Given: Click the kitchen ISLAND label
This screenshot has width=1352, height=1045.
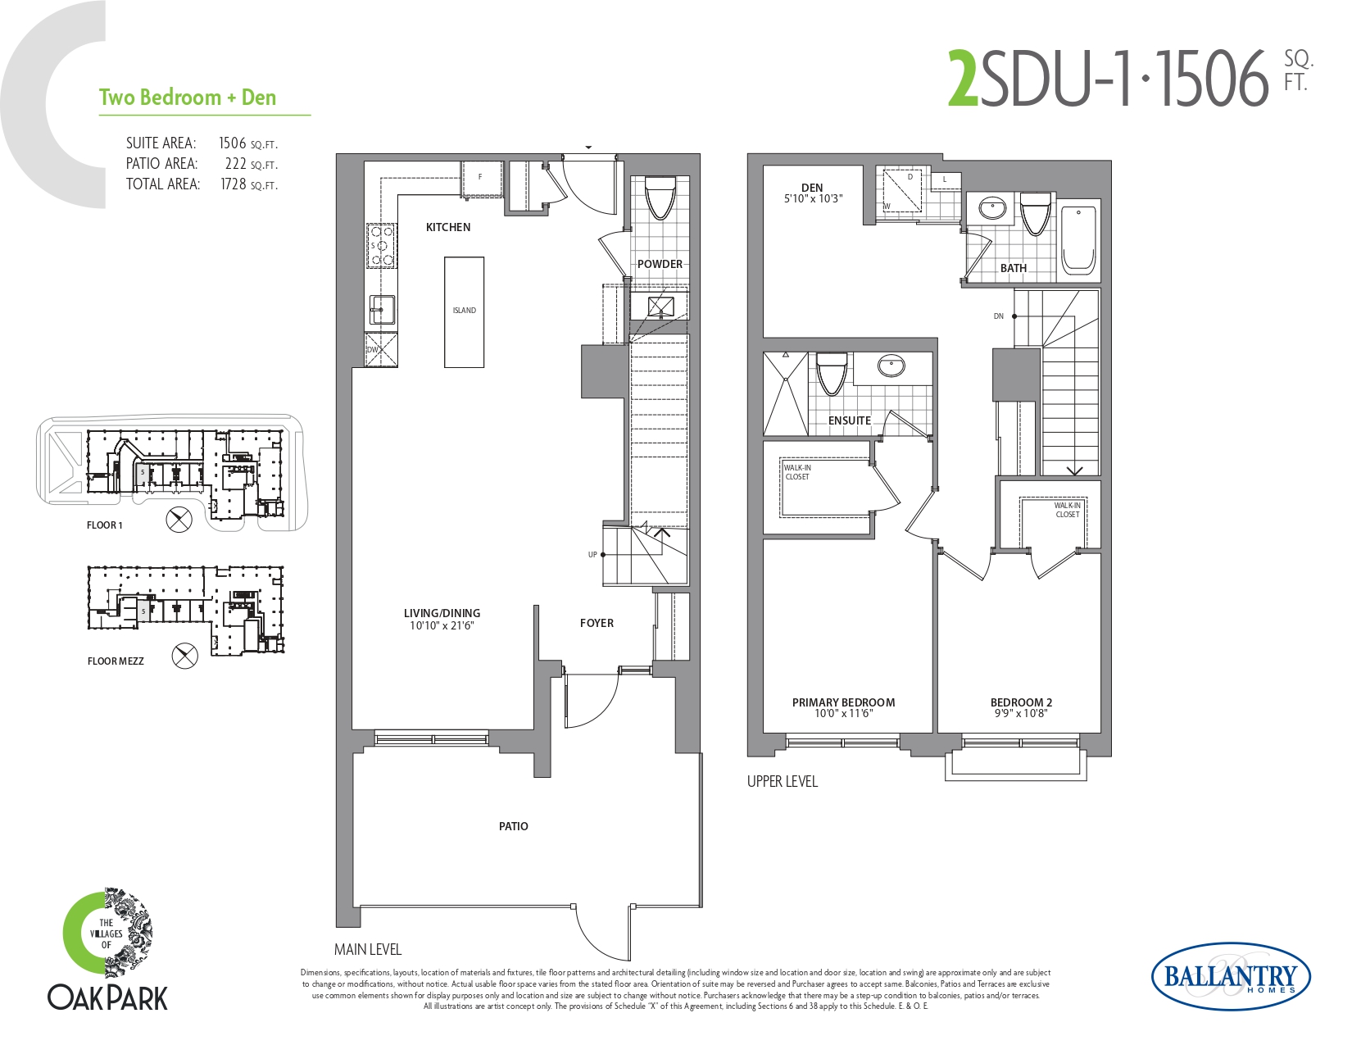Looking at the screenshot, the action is click(464, 310).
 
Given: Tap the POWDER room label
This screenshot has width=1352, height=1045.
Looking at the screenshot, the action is click(660, 264).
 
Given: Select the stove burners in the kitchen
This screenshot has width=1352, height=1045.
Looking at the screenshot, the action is click(381, 246).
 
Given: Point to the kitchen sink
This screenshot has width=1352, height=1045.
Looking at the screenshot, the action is click(383, 309).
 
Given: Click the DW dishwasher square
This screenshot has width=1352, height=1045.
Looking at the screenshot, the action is click(381, 349).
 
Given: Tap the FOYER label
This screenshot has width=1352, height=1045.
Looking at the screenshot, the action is click(597, 623).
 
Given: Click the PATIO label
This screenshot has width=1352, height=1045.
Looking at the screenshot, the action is click(513, 826).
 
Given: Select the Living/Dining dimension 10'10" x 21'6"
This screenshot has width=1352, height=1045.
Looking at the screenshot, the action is click(442, 625).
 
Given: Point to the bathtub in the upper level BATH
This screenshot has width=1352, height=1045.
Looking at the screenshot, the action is click(1078, 240).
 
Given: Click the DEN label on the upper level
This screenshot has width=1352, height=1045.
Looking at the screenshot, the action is click(812, 188).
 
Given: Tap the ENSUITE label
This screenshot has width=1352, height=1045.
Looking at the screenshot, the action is click(849, 420).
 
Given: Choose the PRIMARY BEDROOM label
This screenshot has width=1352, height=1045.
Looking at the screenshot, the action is click(843, 702).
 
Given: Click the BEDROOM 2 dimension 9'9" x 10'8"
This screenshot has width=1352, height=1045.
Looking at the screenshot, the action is click(1021, 713).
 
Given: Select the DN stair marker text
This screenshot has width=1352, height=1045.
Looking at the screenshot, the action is click(999, 316).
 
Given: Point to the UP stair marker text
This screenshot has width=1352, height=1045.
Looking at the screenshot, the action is click(592, 555).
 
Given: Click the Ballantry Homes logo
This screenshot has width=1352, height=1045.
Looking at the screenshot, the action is click(1232, 977).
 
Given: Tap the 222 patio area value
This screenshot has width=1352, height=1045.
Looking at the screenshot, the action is click(236, 164).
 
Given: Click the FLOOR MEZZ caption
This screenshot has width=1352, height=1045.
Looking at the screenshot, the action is click(116, 661).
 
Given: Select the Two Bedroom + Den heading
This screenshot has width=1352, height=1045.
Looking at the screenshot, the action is click(188, 97).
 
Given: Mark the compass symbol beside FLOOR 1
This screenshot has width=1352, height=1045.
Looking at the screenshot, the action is click(179, 520).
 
